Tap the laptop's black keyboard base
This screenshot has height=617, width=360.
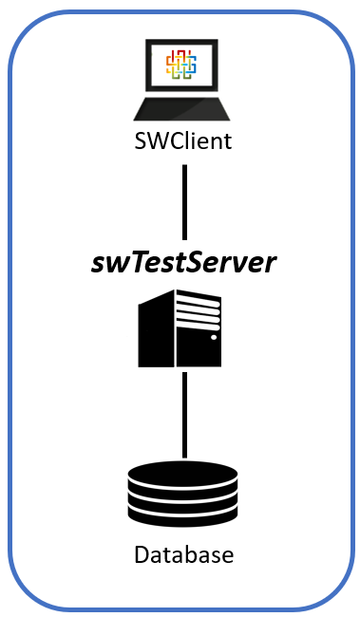(x=180, y=109)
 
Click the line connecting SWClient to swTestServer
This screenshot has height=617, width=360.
(x=184, y=201)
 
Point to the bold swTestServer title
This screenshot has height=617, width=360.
(x=183, y=263)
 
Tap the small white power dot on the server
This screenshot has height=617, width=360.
(x=214, y=337)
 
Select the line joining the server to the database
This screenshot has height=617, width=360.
(x=184, y=414)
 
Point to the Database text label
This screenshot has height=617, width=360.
(x=183, y=553)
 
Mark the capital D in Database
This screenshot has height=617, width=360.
(x=141, y=553)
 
